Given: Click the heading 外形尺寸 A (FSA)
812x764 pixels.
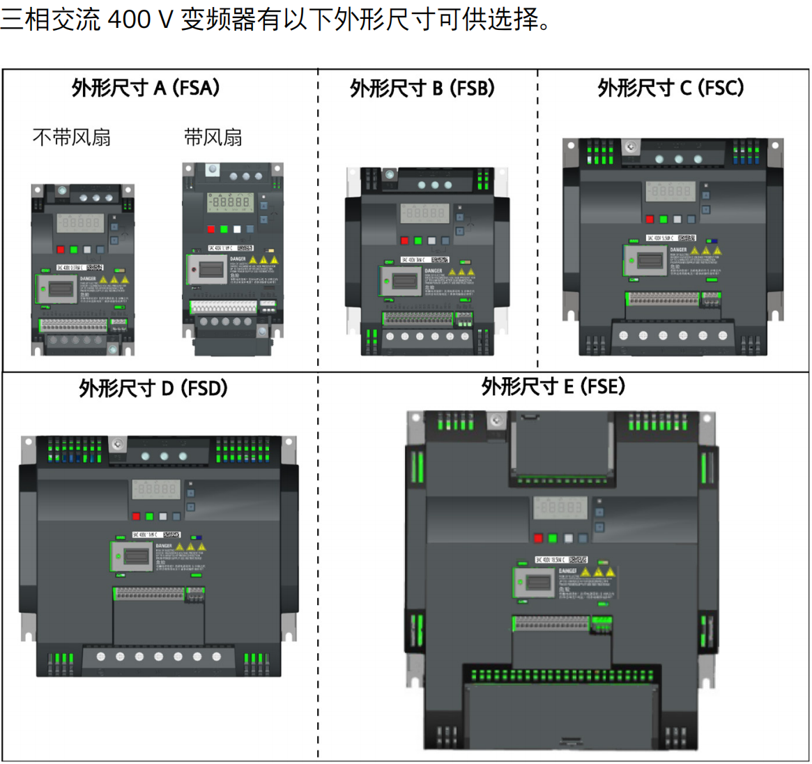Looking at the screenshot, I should [146, 88].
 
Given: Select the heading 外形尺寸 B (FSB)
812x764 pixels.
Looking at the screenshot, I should [422, 89].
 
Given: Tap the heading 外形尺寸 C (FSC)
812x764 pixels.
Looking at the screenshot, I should [671, 88].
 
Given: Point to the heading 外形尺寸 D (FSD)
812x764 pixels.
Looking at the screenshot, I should [153, 388].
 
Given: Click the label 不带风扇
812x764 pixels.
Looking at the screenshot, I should [72, 137].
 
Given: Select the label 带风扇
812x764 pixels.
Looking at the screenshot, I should [213, 137].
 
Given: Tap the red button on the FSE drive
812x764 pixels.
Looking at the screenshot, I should [538, 538].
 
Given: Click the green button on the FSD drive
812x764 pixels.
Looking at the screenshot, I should [149, 517].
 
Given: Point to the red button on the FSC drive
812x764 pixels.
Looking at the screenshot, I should [650, 219].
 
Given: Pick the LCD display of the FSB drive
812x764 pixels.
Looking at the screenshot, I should [424, 213].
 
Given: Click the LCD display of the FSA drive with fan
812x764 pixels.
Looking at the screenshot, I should [230, 201].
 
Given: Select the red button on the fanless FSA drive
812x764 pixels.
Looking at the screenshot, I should [61, 250].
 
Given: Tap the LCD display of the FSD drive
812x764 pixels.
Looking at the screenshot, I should [156, 489].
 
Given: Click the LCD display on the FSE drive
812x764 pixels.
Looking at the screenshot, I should [560, 507].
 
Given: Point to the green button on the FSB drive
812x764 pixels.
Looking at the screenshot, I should [418, 240].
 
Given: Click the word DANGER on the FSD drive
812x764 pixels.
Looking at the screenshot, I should [164, 546].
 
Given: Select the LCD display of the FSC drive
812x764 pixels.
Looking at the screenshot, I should [670, 190].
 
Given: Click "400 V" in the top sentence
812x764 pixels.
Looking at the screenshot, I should [140, 19].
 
